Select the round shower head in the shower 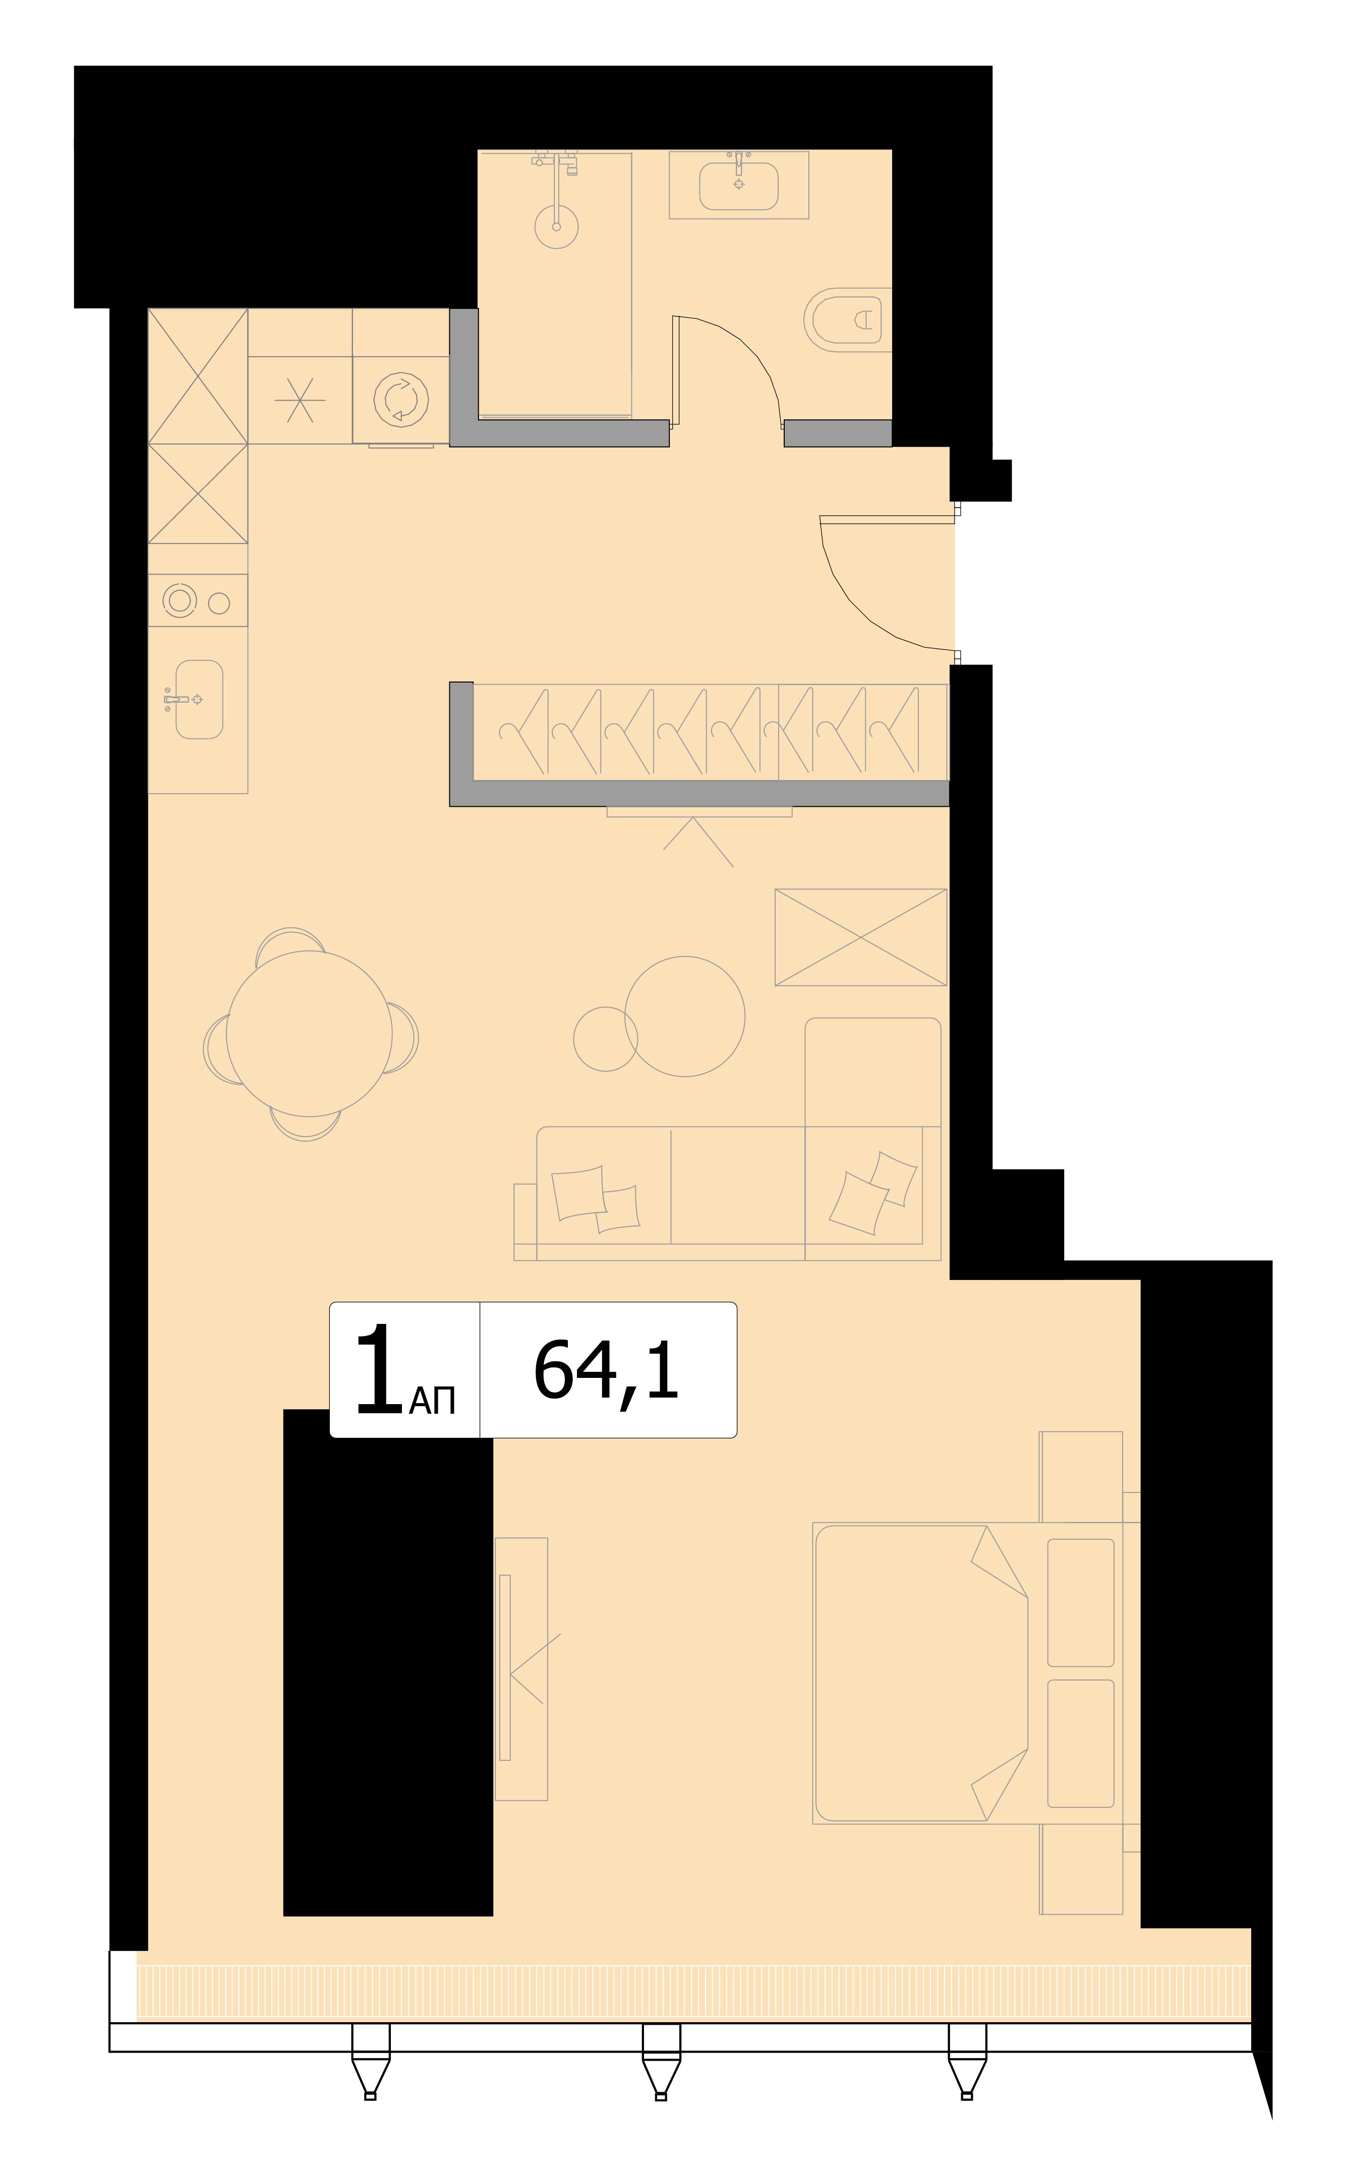[556, 226]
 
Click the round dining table [309, 1034]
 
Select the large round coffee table [684, 1016]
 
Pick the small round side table [605, 1039]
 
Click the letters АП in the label [433, 1402]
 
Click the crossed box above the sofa [861, 937]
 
